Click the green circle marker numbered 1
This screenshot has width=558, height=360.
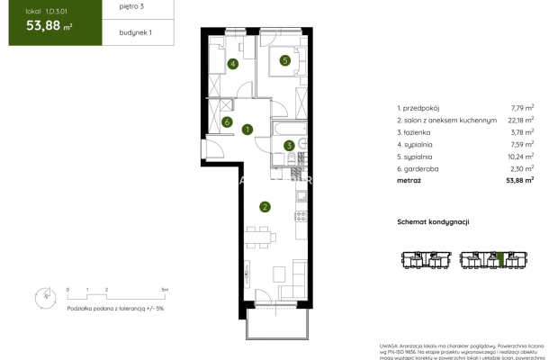pyautogui.click(x=247, y=130)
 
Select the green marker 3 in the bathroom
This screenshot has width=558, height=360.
pyautogui.click(x=289, y=146)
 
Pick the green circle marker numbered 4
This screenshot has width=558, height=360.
pyautogui.click(x=233, y=64)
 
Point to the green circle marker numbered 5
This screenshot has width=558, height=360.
pyautogui.click(x=284, y=61)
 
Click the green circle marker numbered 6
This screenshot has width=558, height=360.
pyautogui.click(x=229, y=122)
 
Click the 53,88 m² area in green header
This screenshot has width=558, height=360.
pyautogui.click(x=43, y=25)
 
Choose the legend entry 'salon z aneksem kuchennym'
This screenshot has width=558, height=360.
pyautogui.click(x=446, y=119)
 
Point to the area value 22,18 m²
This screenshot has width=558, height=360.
pyautogui.click(x=519, y=119)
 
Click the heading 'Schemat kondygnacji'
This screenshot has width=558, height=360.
pyautogui.click(x=434, y=221)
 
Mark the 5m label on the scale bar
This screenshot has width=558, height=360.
pyautogui.click(x=164, y=290)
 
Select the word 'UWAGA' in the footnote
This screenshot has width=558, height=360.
pyautogui.click(x=391, y=344)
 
